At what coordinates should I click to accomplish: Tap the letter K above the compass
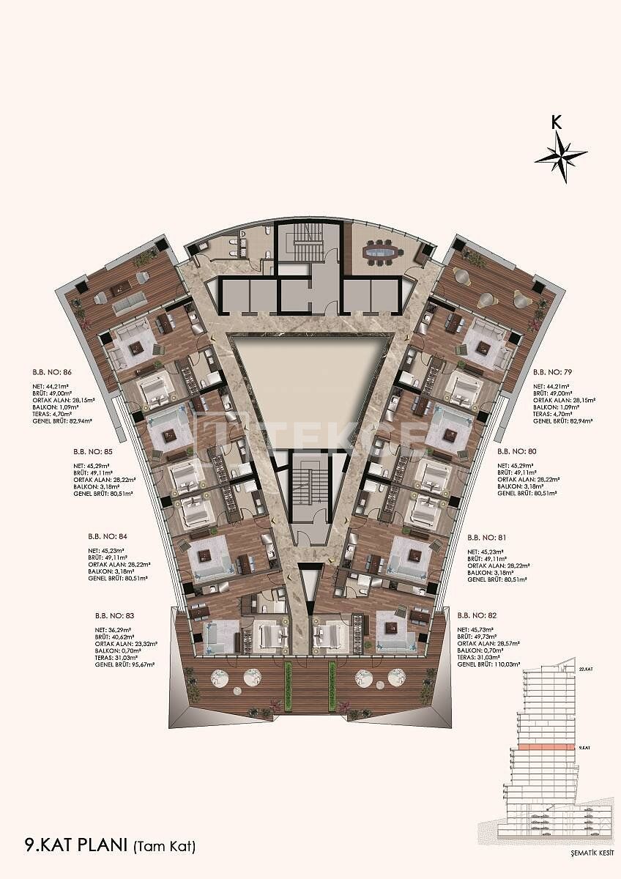pos(557,122)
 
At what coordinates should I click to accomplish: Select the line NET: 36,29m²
pos(114,629)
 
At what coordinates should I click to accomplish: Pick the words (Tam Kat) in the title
pos(164,848)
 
